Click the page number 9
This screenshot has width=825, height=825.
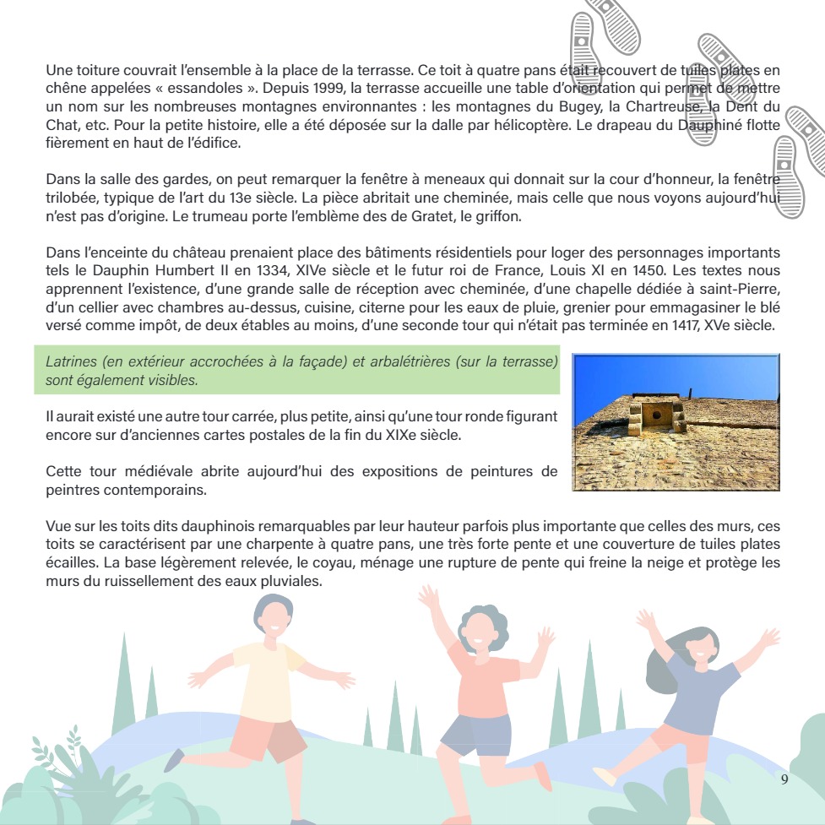click(x=784, y=779)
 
